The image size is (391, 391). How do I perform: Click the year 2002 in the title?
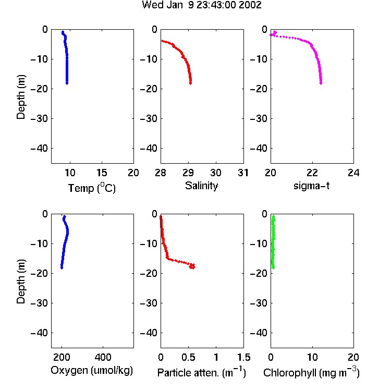click(250, 5)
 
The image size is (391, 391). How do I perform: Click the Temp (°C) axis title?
click(92, 188)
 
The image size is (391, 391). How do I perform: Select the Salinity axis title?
click(201, 186)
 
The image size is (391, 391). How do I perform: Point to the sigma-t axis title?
click(311, 186)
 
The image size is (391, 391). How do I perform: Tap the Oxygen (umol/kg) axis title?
click(92, 371)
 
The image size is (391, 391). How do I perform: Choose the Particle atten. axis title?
click(202, 372)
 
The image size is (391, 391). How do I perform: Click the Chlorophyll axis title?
click(311, 372)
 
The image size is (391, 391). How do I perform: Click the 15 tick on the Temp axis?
click(102, 173)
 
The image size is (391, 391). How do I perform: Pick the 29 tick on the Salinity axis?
click(188, 173)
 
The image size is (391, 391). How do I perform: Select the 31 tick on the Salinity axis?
click(243, 173)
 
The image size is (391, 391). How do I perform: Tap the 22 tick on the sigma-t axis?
click(312, 173)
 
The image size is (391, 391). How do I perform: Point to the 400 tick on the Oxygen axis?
click(103, 357)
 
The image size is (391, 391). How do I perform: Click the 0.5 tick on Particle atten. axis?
click(188, 357)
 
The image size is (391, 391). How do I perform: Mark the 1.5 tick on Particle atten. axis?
click(243, 357)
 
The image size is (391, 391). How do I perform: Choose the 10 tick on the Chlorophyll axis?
click(312, 357)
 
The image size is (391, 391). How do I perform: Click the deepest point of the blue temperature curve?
click(67, 83)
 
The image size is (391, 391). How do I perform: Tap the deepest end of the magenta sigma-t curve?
click(321, 83)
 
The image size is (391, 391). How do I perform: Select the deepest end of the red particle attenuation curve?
click(192, 267)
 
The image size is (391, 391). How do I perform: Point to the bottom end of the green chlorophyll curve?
click(273, 268)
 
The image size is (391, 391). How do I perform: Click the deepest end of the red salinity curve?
click(190, 83)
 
